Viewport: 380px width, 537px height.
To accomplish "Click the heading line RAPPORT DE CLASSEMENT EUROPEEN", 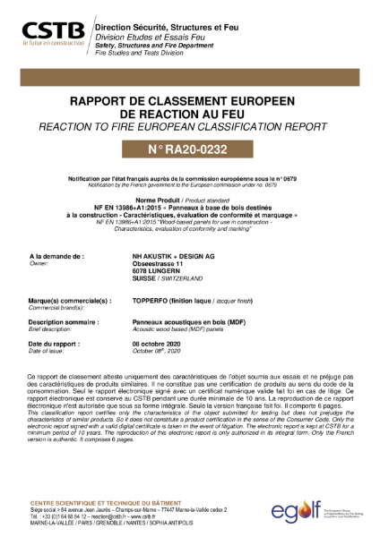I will (190, 102).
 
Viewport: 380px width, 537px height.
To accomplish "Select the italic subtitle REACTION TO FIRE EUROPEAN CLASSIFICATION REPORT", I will (190, 129).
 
